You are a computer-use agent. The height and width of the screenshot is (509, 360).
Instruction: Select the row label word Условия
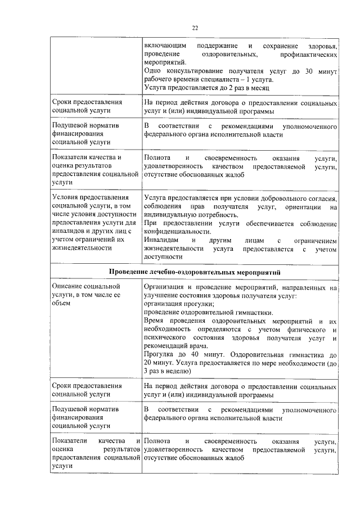[x=67, y=197]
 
